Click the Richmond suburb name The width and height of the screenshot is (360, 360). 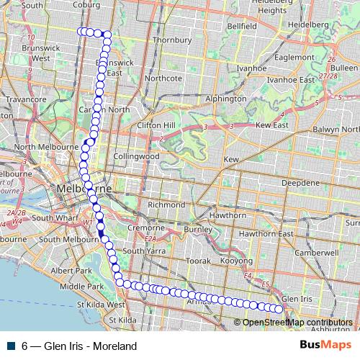pos(166,204)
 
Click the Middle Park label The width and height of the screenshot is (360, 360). pos(81,286)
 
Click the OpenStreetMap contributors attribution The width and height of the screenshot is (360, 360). pos(297,323)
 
